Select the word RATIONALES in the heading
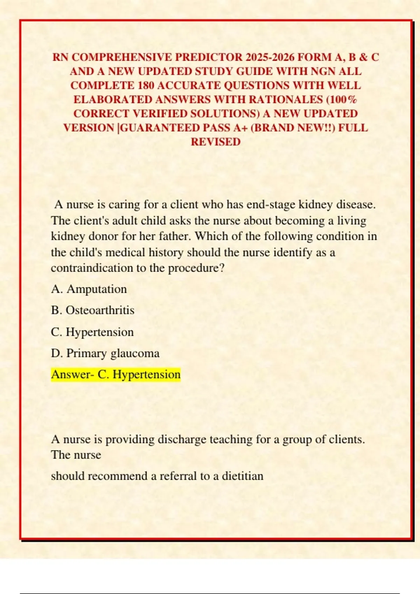pos(286,100)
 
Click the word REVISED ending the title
pos(216,142)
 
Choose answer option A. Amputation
pos(89,289)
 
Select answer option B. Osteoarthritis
pos(93,310)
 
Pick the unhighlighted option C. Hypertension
pos(92,332)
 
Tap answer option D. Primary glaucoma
pos(105,353)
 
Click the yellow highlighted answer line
pos(116,375)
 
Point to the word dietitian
pos(243,476)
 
